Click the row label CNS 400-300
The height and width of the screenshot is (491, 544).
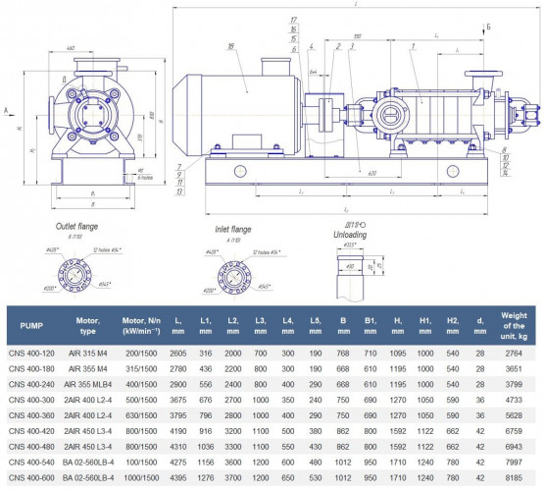tap(31, 401)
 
